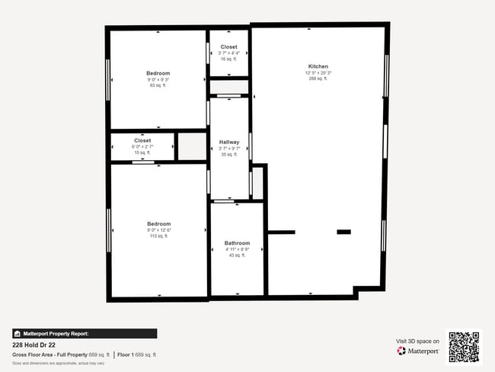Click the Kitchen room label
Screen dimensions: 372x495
pos(318,66)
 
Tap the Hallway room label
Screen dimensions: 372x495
pos(228,142)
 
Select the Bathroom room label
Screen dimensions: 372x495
pos(237,243)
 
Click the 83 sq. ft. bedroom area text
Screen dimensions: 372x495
pos(158,85)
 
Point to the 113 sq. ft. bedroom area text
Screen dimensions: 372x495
pos(158,236)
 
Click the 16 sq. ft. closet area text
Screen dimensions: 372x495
pos(228,59)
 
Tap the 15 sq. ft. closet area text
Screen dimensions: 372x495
pos(142,152)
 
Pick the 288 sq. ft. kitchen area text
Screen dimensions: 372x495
pos(318,79)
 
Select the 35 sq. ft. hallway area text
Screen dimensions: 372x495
pos(228,154)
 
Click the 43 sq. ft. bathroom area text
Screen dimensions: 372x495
pos(237,255)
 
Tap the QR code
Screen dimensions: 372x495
pos(464,347)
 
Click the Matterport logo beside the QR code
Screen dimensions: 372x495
pos(418,351)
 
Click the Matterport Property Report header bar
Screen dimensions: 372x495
pos(85,333)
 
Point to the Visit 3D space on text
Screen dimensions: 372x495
pos(417,341)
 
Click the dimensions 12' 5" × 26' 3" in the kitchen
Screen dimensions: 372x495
pos(318,72)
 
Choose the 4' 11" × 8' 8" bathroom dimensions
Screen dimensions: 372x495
pos(237,249)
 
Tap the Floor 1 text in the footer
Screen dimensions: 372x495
pos(125,354)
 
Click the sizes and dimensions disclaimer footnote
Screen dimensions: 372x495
pos(59,363)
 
